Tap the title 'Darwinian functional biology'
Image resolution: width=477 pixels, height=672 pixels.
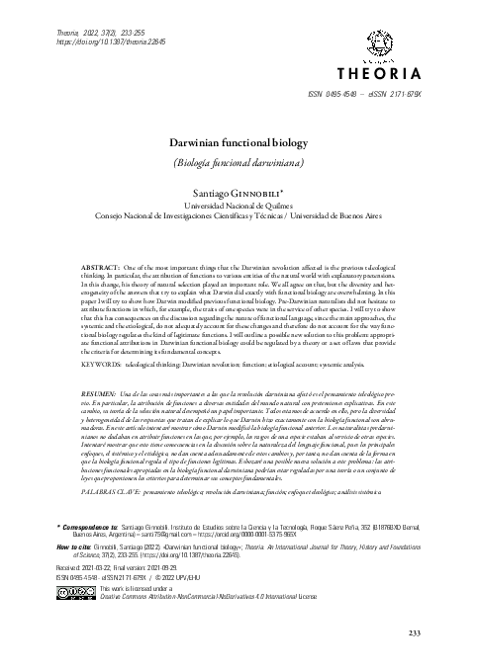tap(238, 141)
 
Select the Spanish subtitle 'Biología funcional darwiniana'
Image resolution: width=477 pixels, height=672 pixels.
tap(238, 160)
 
